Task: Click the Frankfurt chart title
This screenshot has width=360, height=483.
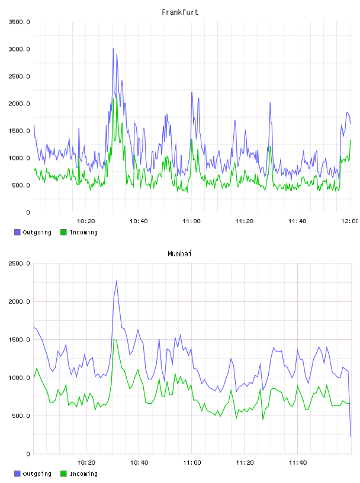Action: [x=180, y=12]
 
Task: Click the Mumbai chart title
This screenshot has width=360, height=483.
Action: [x=179, y=254]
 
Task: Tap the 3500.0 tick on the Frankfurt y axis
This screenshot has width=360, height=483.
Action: [x=19, y=22]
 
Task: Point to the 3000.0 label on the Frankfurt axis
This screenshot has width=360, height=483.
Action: [x=19, y=49]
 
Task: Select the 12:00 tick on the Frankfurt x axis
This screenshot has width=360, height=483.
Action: [x=349, y=221]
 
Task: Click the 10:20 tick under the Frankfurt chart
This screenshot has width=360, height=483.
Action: [x=86, y=221]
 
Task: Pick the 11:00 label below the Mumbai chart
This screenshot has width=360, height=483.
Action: [x=192, y=463]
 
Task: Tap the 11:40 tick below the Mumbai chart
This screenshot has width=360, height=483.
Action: [x=298, y=463]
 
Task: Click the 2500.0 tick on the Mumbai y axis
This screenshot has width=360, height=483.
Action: [x=19, y=263]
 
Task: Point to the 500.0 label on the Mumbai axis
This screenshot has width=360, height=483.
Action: [x=21, y=416]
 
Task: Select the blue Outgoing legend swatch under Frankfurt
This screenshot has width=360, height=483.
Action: [x=17, y=232]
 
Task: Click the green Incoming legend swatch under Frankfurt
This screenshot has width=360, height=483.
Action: [x=63, y=232]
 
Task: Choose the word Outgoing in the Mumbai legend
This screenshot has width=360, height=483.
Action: [x=37, y=474]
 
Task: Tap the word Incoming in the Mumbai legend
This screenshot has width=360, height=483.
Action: [x=83, y=474]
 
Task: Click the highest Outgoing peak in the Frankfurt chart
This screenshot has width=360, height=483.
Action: [x=113, y=49]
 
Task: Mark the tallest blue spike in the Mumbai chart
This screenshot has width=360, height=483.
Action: [x=117, y=281]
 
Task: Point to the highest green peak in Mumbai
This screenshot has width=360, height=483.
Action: [x=114, y=339]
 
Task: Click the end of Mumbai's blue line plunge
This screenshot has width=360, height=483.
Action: [x=351, y=436]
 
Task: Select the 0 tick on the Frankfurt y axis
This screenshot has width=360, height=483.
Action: [x=28, y=212]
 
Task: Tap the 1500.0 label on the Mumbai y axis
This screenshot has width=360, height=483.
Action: [x=19, y=340]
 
